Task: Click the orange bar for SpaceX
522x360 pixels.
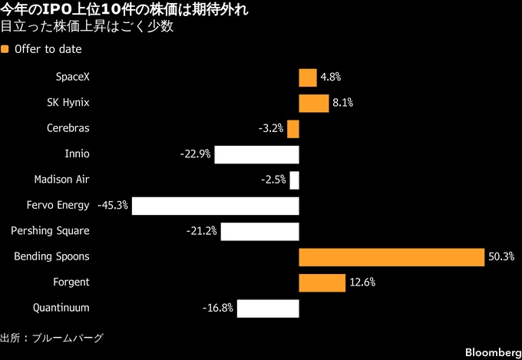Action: (x=308, y=78)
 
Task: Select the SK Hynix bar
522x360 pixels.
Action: (x=314, y=103)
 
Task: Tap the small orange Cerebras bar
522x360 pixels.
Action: (x=293, y=129)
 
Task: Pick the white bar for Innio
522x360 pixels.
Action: (x=256, y=154)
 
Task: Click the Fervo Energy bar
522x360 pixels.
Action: (x=216, y=206)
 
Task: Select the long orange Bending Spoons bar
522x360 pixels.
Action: (x=391, y=257)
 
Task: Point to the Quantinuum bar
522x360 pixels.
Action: (x=268, y=309)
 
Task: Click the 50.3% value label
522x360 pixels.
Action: (x=501, y=257)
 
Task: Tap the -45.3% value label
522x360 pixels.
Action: (x=113, y=206)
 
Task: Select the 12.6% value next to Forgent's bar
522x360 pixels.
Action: (x=362, y=282)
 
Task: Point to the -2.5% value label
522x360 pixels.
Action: (x=273, y=180)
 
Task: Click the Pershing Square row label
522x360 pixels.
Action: (x=50, y=231)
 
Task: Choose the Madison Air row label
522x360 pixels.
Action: (x=62, y=180)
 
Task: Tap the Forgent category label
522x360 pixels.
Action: (x=71, y=282)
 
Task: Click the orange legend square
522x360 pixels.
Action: (x=5, y=49)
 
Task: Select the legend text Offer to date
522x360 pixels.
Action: (x=48, y=49)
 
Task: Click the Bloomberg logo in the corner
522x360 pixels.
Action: (x=494, y=352)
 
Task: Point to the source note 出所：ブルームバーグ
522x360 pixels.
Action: (x=51, y=338)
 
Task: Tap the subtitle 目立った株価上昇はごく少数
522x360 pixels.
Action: (x=87, y=27)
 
